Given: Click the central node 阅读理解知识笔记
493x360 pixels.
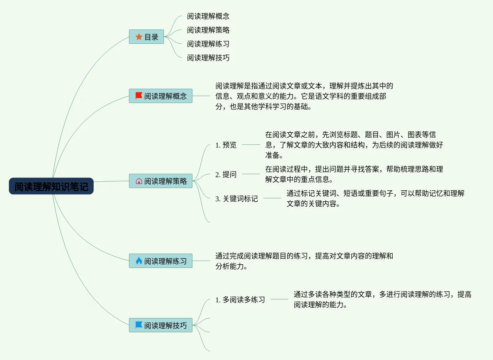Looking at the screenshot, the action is (x=51, y=186).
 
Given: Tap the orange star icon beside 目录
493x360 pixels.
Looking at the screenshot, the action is (x=139, y=37).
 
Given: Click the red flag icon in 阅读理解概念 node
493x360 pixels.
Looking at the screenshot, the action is (x=139, y=96).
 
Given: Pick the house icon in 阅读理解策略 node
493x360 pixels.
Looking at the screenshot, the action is (x=139, y=181).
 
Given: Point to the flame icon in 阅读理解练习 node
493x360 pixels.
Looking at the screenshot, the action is (x=139, y=261).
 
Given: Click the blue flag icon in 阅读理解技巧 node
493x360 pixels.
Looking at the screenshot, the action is (x=139, y=325).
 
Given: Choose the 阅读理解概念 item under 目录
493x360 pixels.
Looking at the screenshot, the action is (x=208, y=16).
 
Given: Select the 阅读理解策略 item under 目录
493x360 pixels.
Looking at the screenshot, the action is (x=208, y=30).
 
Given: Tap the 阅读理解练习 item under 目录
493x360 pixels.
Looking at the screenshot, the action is (x=208, y=44).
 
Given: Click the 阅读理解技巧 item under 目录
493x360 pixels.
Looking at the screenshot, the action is (x=208, y=58).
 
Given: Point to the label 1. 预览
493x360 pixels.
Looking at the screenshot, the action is (x=226, y=145).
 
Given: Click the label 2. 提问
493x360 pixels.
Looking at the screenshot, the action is (x=226, y=174).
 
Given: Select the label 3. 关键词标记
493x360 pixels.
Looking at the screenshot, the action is (x=236, y=198).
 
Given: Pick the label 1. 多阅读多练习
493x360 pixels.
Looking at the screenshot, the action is (x=240, y=300).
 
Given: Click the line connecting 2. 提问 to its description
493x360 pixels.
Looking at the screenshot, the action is (x=251, y=174).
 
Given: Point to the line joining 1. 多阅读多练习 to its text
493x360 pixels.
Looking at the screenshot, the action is (x=279, y=299).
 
